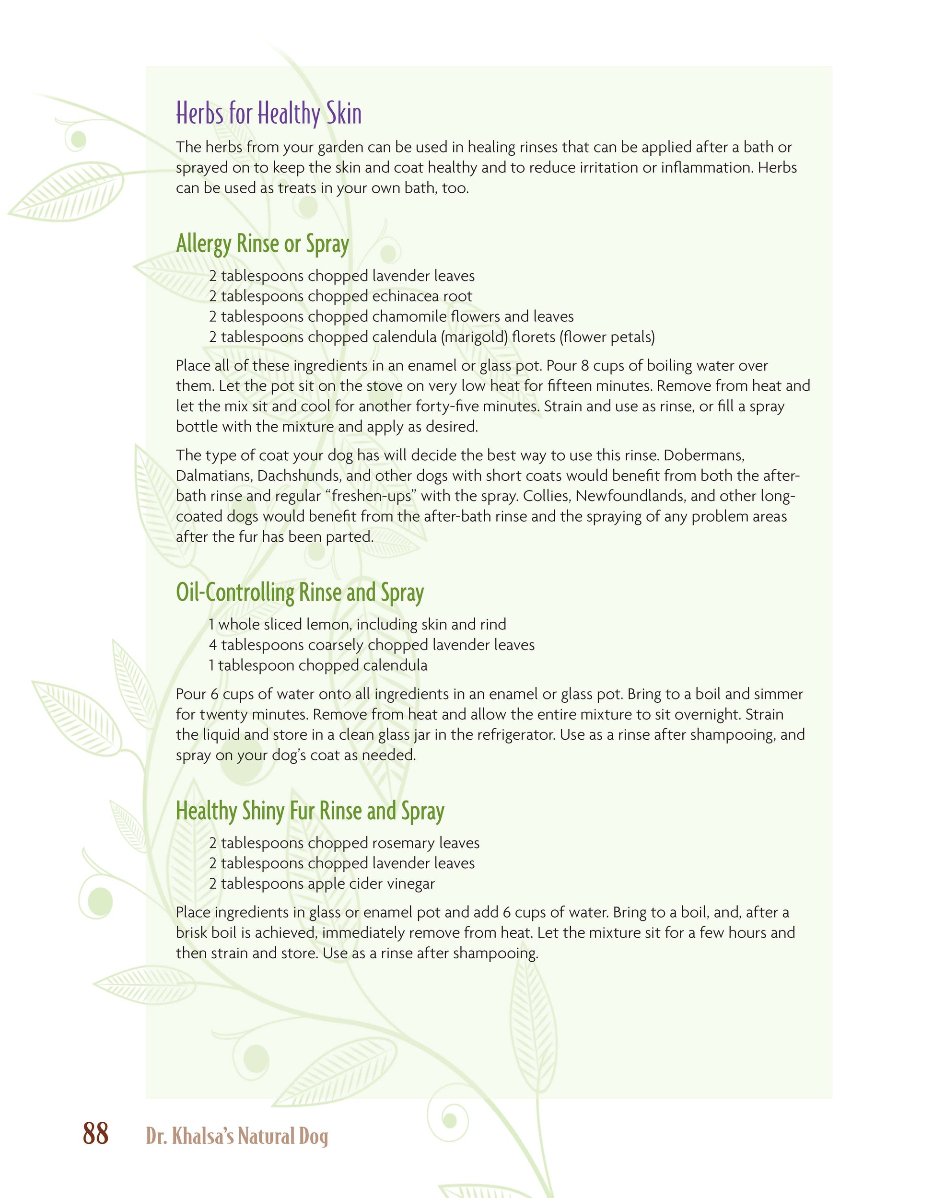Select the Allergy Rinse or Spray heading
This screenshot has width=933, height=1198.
point(262,244)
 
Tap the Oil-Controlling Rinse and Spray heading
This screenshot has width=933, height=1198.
point(300,593)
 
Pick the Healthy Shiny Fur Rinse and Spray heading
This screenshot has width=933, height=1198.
point(310,811)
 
